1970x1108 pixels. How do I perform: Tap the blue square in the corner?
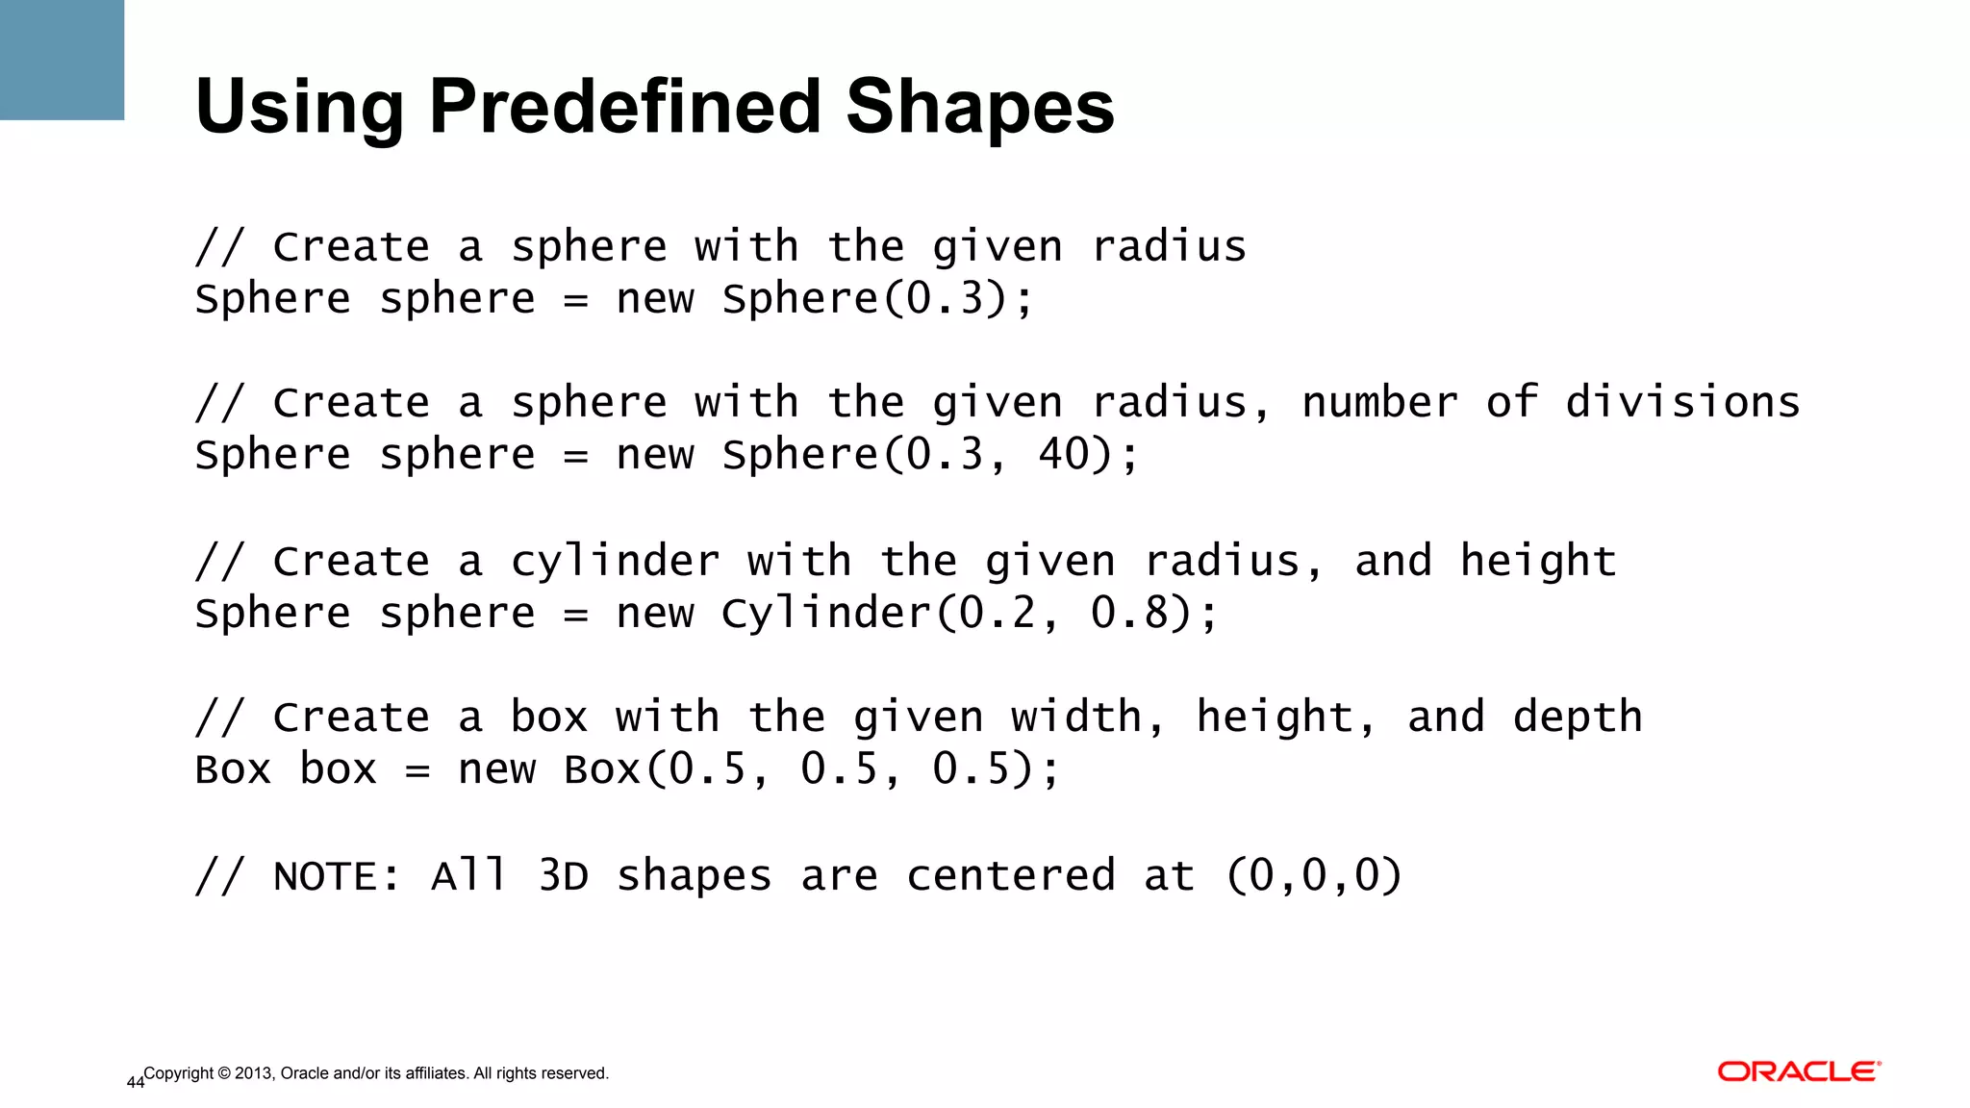[62, 60]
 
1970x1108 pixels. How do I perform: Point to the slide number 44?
[135, 1083]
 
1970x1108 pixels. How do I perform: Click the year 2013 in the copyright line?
[254, 1073]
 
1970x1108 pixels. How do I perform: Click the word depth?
[1578, 718]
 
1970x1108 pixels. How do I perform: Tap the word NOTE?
[336, 876]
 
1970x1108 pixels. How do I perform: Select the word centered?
[1010, 875]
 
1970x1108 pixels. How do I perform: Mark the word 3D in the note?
[563, 875]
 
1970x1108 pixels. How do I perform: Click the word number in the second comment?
[1379, 402]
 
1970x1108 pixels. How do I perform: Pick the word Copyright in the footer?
[178, 1073]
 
